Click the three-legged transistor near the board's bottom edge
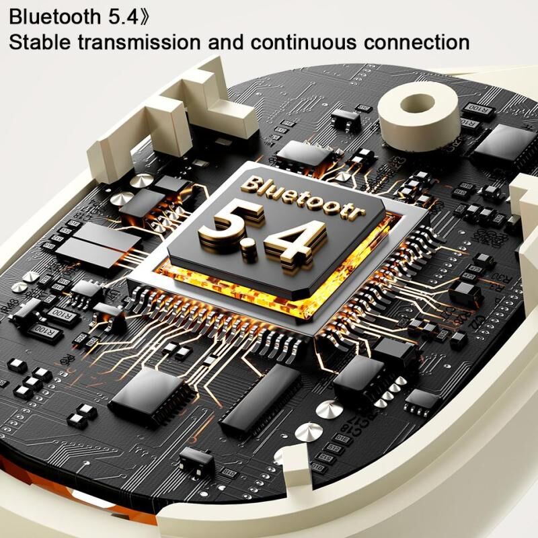click(196, 460)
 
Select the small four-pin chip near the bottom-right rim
click(422, 400)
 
